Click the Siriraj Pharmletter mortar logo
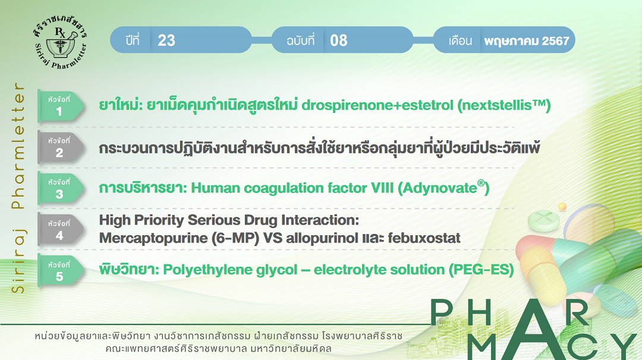coord(61,43)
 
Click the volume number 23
coord(166,40)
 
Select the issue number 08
coord(339,40)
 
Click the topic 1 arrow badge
coord(61,106)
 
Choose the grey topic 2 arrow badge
coord(61,147)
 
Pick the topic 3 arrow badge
coord(61,188)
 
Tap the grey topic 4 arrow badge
coord(61,229)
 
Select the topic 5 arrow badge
coord(61,270)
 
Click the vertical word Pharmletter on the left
coord(18,146)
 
